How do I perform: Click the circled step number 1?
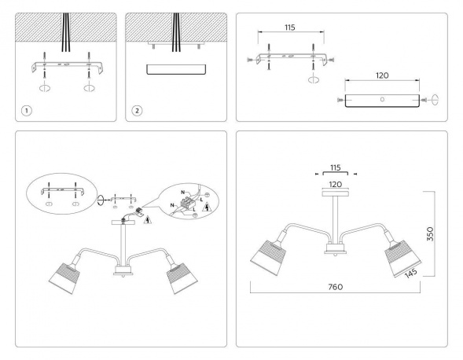point(27,110)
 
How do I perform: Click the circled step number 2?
point(138,110)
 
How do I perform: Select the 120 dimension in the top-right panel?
point(381,77)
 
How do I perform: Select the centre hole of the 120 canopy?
point(381,100)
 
